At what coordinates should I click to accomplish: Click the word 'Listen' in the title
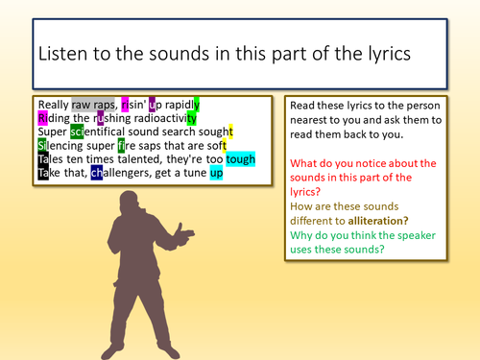pos(65,56)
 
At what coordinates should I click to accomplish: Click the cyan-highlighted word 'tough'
pos(241,160)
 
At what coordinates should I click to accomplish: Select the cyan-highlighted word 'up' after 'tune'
pos(216,174)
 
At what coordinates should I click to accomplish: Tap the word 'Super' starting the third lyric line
pos(53,132)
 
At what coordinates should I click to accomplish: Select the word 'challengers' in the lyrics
pos(130,174)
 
